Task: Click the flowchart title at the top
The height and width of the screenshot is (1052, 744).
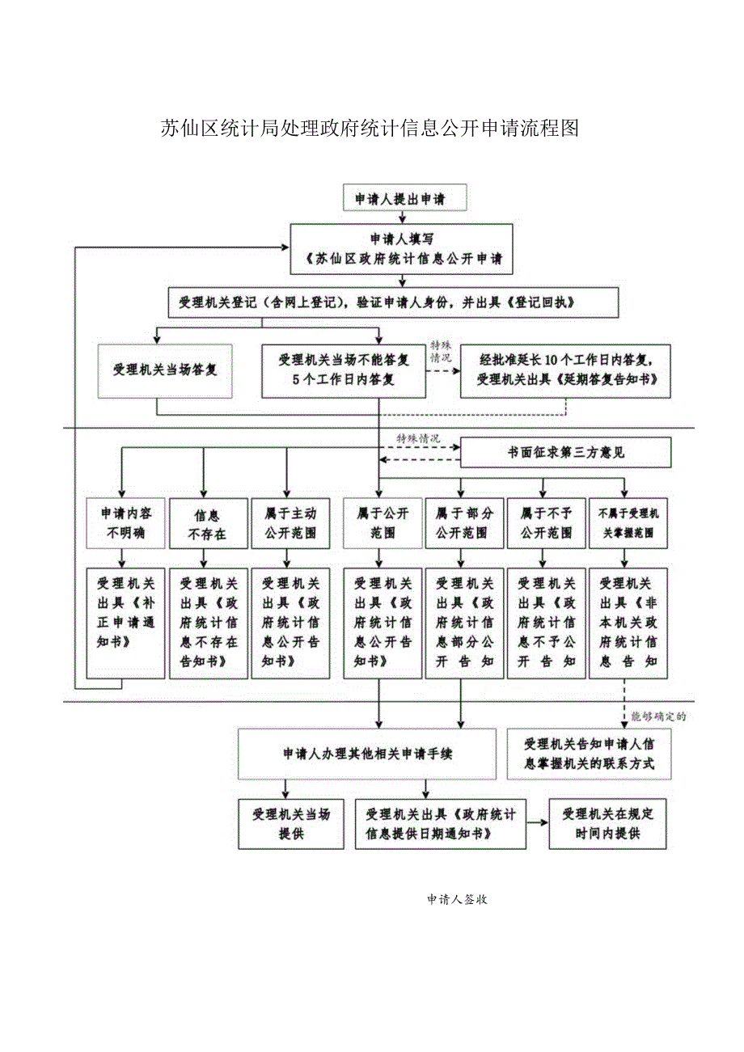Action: [369, 129]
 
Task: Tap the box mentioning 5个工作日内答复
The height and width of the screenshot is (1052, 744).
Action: [344, 370]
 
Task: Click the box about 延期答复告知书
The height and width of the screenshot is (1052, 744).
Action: [565, 370]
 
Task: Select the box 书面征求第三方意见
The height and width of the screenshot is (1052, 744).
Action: [565, 453]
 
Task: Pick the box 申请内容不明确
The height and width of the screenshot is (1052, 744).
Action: [121, 523]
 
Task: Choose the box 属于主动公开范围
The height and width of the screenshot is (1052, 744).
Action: [290, 523]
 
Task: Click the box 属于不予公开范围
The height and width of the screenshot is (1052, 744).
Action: [546, 523]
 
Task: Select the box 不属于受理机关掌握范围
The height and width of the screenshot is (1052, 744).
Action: [628, 523]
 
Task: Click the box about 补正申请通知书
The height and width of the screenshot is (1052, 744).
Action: [121, 623]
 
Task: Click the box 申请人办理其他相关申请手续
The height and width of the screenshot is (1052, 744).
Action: [367, 754]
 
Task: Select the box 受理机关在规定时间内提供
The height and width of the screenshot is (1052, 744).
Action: [607, 824]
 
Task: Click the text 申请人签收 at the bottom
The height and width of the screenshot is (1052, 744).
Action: [456, 899]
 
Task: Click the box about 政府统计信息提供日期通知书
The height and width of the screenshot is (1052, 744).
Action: [440, 824]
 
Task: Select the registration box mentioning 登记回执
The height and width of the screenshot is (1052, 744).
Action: [393, 302]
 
